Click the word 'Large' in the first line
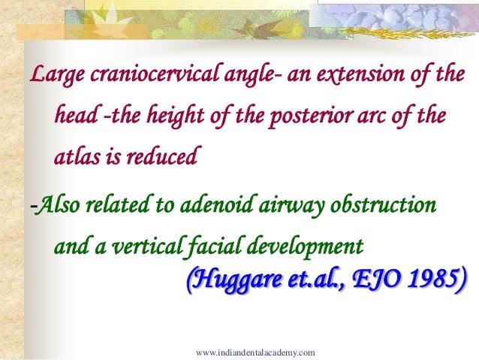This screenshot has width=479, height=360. click(x=55, y=77)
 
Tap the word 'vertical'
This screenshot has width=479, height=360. click(x=143, y=246)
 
